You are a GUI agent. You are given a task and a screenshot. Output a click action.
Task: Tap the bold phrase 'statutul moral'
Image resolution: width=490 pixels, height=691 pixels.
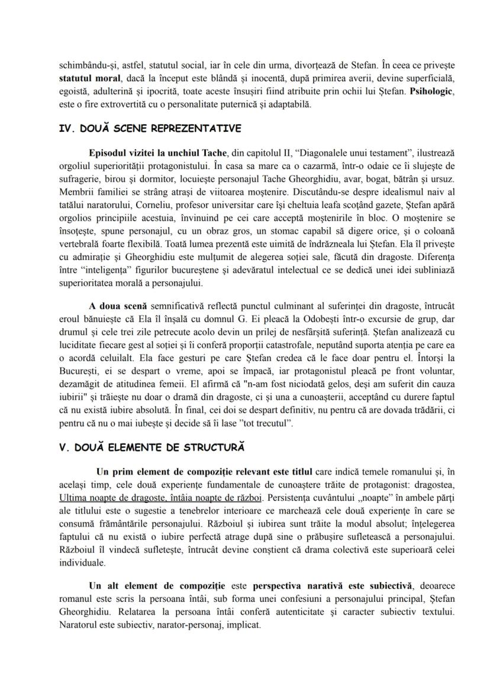(x=87, y=77)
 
